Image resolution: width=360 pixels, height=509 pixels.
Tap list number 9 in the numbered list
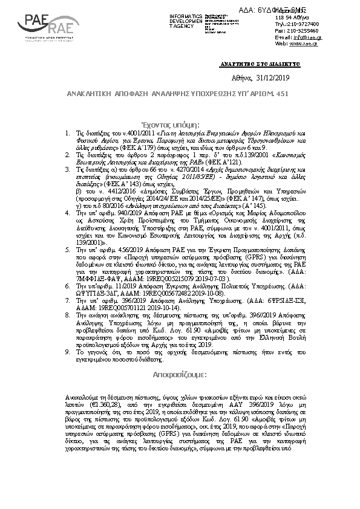(67, 352)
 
